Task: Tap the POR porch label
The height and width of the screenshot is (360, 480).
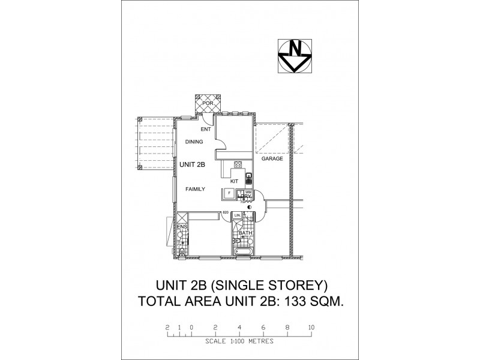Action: pyautogui.click(x=208, y=103)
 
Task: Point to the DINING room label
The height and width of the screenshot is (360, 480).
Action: pyautogui.click(x=194, y=142)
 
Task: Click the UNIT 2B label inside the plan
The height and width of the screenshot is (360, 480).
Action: pyautogui.click(x=193, y=164)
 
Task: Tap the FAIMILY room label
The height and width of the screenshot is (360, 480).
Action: pyautogui.click(x=195, y=189)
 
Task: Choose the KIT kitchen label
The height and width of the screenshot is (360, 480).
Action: pyautogui.click(x=235, y=181)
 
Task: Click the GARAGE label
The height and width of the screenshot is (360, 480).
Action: pyautogui.click(x=272, y=158)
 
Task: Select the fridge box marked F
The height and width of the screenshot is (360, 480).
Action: pyautogui.click(x=229, y=193)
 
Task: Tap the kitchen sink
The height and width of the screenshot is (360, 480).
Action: pyautogui.click(x=249, y=178)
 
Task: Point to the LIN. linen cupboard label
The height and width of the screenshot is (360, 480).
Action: pyautogui.click(x=238, y=215)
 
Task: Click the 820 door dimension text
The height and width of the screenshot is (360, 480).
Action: pyautogui.click(x=226, y=213)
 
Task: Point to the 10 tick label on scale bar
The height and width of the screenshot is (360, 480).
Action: pyautogui.click(x=311, y=328)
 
